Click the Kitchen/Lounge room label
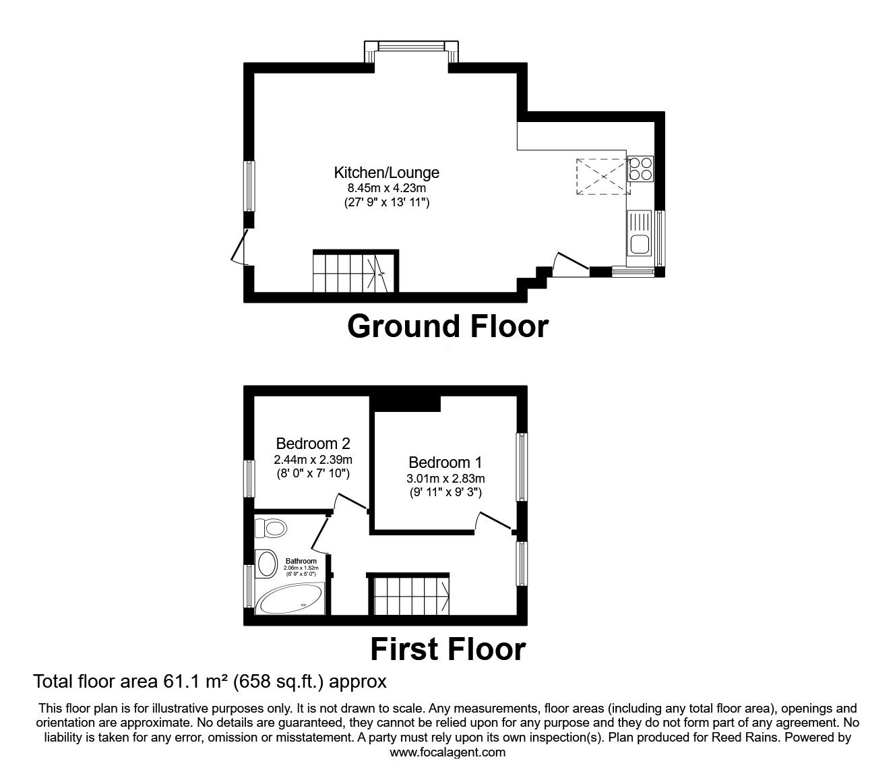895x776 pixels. [x=387, y=173]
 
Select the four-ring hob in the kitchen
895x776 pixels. [x=640, y=169]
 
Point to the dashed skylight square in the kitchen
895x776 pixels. [x=603, y=177]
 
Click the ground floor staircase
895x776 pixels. [x=353, y=272]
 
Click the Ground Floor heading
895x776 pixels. [x=448, y=326]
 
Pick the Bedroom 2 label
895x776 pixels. [x=313, y=444]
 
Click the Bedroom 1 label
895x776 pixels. [x=445, y=462]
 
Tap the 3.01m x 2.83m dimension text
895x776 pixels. [x=445, y=479]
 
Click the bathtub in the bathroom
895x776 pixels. [x=290, y=598]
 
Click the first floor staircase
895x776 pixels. [x=408, y=595]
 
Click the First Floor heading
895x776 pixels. [x=448, y=650]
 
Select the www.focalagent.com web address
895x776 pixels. [x=448, y=752]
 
